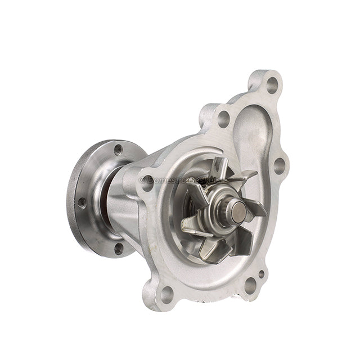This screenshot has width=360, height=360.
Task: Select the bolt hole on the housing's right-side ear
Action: pyautogui.click(x=277, y=165)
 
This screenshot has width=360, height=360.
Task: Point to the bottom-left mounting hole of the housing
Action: pyautogui.click(x=167, y=293)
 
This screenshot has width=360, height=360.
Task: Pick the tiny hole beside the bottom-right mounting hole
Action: pyautogui.click(x=261, y=275)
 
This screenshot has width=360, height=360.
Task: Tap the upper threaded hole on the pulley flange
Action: pyautogui.click(x=118, y=150)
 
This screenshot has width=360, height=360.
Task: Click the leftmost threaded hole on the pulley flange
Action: pyautogui.click(x=82, y=202)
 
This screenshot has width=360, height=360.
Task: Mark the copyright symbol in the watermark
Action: pyautogui.click(x=142, y=180)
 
